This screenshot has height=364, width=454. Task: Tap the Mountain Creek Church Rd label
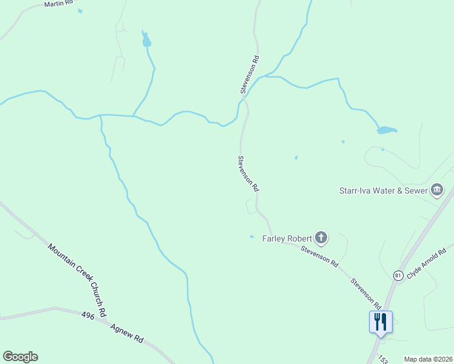coord(77,280)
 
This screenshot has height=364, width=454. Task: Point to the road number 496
coord(87,315)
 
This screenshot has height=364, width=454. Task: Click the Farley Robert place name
coord(286,238)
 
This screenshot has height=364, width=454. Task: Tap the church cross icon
coord(321,238)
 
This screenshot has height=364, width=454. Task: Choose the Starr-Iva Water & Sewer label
coord(382,190)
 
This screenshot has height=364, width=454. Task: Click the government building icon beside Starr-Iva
coord(436,190)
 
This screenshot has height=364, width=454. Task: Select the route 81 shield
coord(398,275)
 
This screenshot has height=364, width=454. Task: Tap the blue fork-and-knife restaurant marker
coord(381,321)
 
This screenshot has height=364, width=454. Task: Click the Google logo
coord(20,357)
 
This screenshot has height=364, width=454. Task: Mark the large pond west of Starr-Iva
coord(387,130)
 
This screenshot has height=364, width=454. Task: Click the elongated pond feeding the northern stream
coord(146,40)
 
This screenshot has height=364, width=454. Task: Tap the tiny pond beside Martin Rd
coord(80,11)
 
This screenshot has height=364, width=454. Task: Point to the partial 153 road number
coord(382,359)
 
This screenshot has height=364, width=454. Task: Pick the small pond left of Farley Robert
coord(252,237)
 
